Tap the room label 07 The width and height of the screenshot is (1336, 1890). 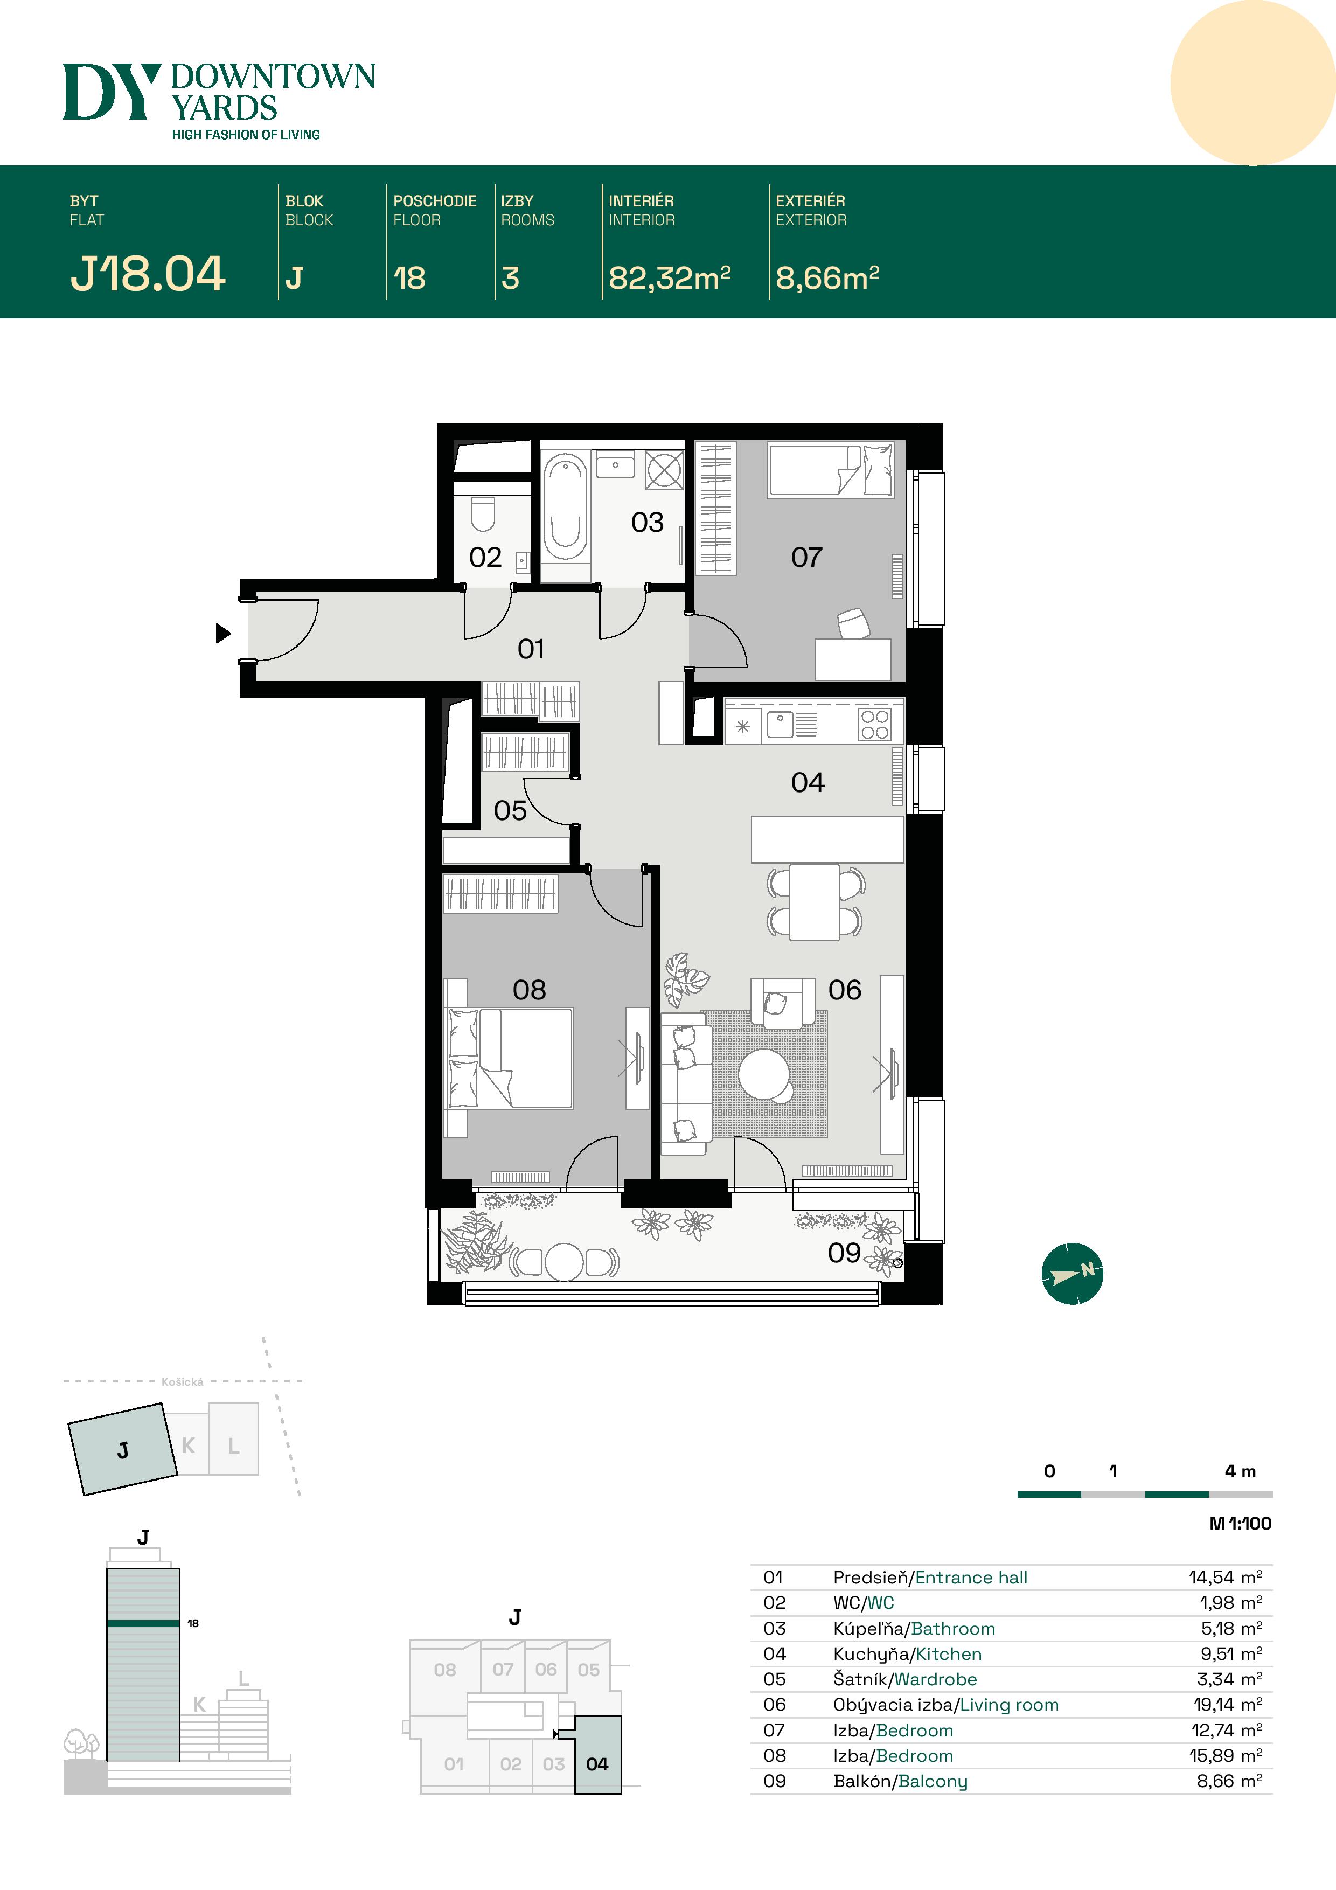pyautogui.click(x=806, y=557)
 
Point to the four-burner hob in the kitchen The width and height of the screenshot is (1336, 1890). pyautogui.click(x=874, y=725)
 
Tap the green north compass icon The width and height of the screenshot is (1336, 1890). pyautogui.click(x=1072, y=1274)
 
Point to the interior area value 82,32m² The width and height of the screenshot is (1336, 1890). pyautogui.click(x=669, y=278)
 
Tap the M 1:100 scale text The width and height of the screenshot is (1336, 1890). pyautogui.click(x=1240, y=1523)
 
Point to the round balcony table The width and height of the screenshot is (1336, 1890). pyautogui.click(x=565, y=1260)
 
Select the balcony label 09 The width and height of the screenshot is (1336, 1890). pyautogui.click(x=844, y=1253)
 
